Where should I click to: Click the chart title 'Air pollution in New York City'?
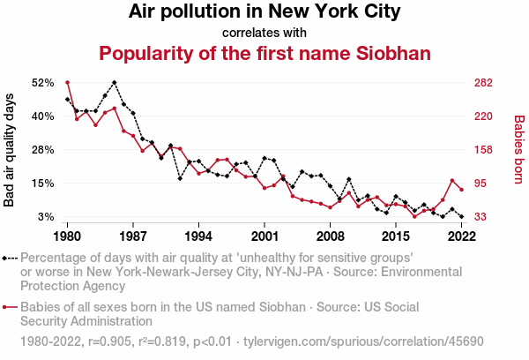(x=264, y=12)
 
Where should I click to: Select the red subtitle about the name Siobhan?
(x=264, y=54)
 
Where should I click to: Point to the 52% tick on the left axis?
(x=42, y=82)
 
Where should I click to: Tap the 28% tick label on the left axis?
(x=42, y=149)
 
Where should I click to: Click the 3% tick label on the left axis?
(x=46, y=217)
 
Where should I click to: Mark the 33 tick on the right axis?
(x=485, y=217)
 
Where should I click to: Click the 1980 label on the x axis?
(x=67, y=236)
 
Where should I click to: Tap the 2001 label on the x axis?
(x=264, y=236)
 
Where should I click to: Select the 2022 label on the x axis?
(x=461, y=236)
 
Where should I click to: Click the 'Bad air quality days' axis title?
(x=10, y=149)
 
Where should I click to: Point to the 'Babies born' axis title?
(x=518, y=149)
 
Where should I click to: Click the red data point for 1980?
(x=67, y=82)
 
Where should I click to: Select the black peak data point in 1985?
(x=115, y=82)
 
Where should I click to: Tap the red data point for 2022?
(x=461, y=190)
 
